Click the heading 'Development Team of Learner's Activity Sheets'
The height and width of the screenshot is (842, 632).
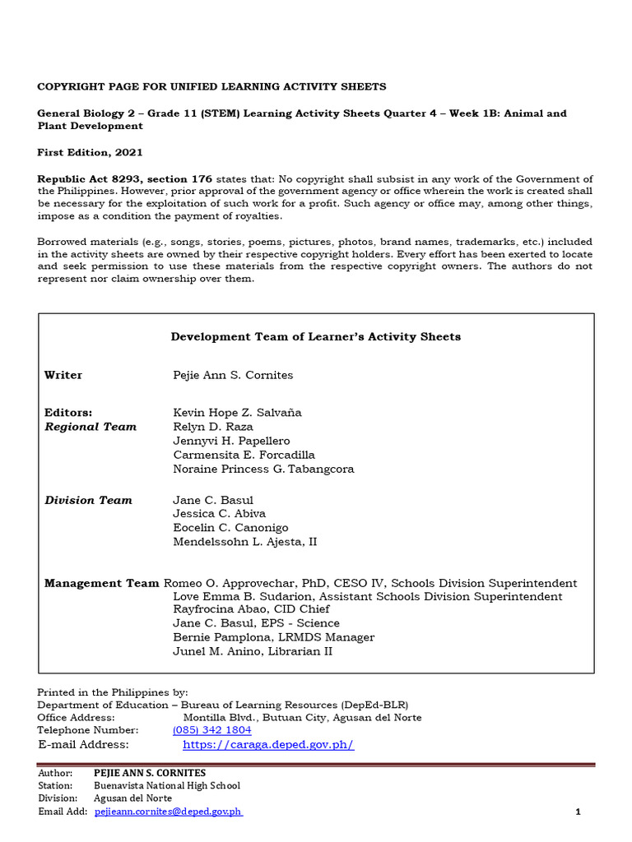315,336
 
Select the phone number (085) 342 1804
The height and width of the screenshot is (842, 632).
211,730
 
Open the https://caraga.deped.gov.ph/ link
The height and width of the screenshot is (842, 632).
267,745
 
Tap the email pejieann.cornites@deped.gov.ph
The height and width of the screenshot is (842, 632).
168,812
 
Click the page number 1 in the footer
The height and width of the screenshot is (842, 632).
578,812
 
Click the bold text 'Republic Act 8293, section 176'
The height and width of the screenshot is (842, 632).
125,178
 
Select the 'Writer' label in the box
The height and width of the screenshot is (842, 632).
63,375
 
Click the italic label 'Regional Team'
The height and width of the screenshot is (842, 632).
91,427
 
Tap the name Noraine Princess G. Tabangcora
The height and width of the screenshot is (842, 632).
263,469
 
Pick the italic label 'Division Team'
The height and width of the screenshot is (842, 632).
88,500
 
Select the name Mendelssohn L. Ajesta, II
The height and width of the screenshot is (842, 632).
244,542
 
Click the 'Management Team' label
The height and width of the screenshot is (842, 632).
101,583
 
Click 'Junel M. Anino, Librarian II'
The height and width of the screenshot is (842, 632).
253,651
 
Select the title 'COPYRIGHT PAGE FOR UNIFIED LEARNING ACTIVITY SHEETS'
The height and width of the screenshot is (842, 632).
211,86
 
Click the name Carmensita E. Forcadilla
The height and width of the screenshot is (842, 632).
244,455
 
